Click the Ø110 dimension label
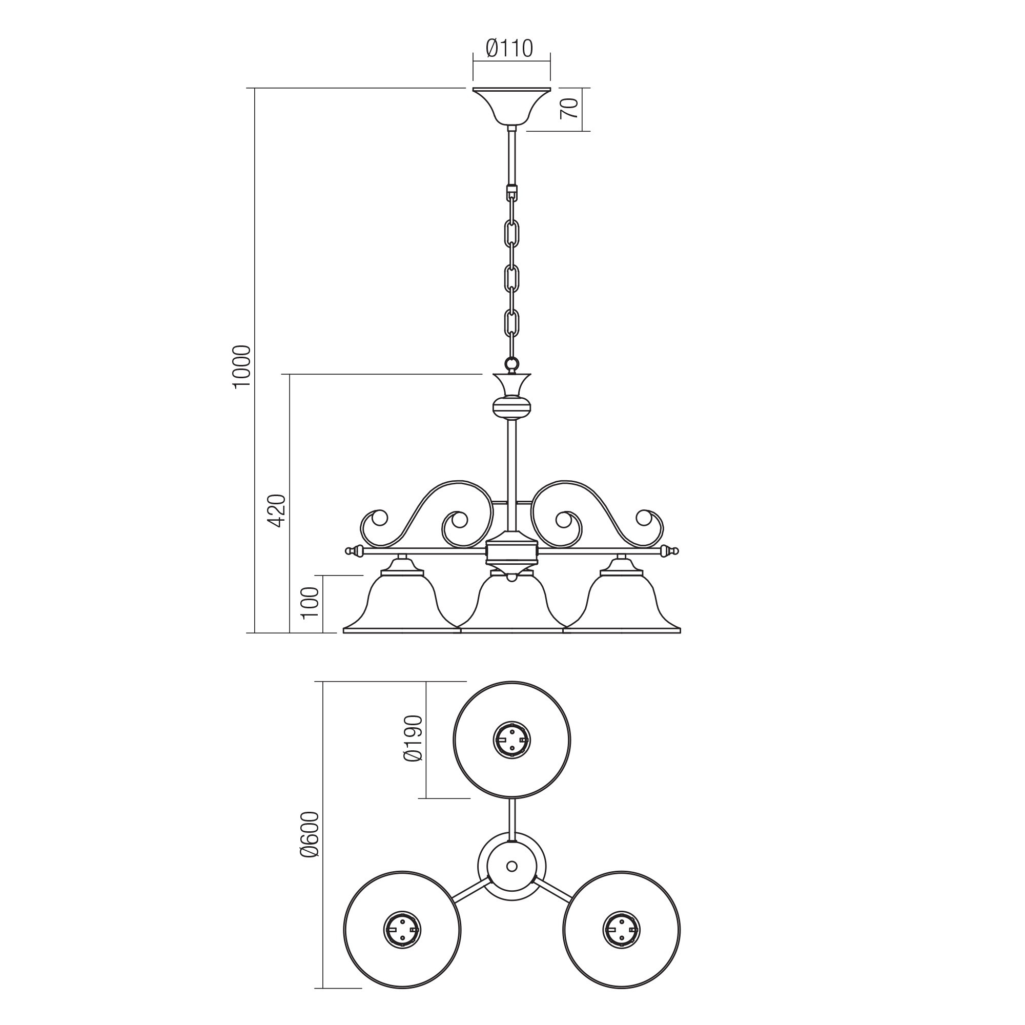[509, 48]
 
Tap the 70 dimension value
[569, 109]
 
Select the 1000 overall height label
[241, 366]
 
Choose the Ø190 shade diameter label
[413, 739]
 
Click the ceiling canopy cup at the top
[512, 107]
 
